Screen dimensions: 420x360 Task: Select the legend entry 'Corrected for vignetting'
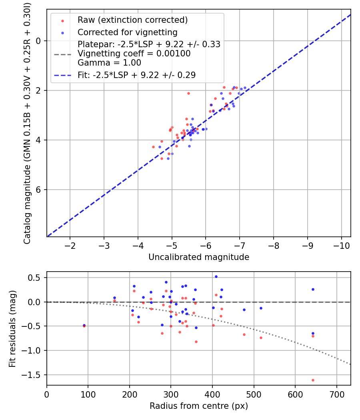coord(127,32)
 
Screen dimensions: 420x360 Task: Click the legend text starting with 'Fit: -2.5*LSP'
coord(136,75)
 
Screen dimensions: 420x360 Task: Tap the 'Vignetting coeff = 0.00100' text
coord(134,54)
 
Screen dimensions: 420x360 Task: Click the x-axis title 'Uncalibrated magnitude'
coord(199,257)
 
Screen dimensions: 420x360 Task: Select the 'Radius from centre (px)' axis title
coord(199,406)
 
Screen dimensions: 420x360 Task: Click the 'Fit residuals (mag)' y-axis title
coord(12,328)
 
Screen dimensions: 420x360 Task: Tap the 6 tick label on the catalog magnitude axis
coord(38,190)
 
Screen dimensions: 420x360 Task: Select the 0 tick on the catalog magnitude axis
coord(38,41)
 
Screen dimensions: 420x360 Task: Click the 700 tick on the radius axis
coord(336,394)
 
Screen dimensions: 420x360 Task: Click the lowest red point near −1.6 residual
coord(313,380)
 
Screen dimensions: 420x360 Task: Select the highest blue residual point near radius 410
coord(216,276)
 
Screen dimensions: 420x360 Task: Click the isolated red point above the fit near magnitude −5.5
coord(188,93)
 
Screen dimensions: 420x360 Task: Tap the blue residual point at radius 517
coord(261,308)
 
